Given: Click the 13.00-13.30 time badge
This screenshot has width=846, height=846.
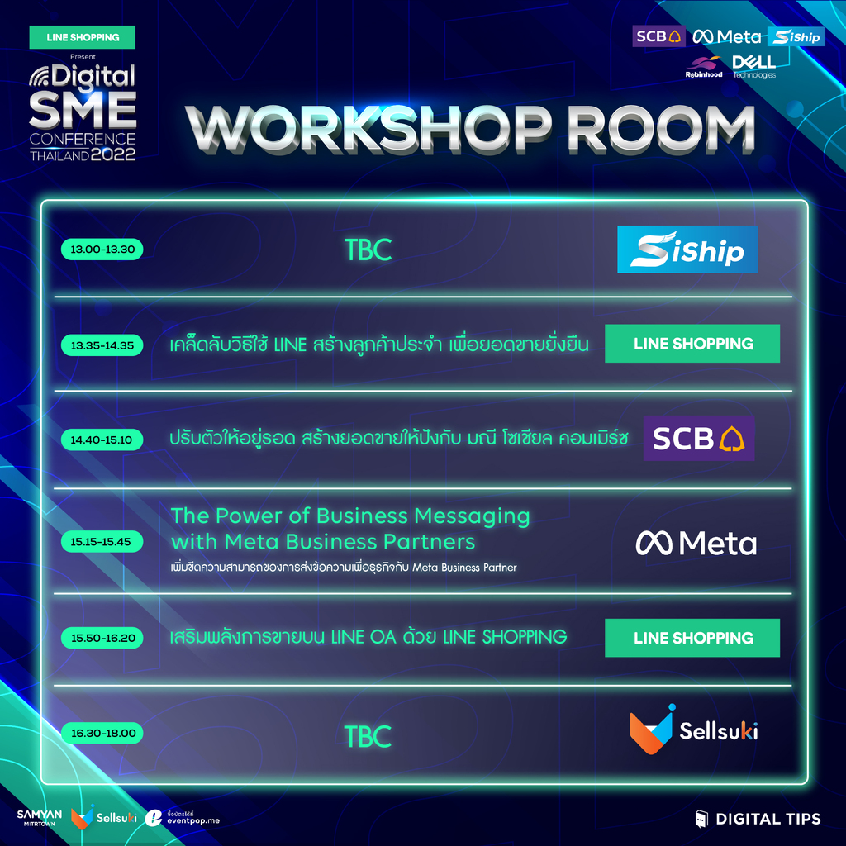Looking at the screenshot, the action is (102, 250).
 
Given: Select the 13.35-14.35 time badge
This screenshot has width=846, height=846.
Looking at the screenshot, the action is (102, 345).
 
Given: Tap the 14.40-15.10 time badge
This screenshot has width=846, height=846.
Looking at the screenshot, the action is (102, 440).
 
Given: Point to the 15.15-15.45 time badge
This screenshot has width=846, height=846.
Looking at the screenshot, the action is (102, 542).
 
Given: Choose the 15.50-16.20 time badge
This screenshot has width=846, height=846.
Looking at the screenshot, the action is (102, 638).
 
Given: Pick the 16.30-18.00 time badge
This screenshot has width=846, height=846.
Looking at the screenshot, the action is (102, 734).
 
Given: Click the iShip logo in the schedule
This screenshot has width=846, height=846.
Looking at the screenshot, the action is (687, 250).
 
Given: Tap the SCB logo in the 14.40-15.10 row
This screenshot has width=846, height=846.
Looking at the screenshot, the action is (699, 438).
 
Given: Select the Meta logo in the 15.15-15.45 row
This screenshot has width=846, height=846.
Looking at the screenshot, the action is (696, 543).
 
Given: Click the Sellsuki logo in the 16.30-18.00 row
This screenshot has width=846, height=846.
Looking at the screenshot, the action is (694, 730).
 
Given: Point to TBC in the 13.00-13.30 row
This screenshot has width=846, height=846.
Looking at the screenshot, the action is (368, 250).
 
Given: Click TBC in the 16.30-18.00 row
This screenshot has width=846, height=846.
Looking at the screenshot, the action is (368, 736).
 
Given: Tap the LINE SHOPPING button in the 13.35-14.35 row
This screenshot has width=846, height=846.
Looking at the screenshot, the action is (692, 344).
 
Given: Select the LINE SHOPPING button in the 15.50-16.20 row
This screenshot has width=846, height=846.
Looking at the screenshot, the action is (692, 638).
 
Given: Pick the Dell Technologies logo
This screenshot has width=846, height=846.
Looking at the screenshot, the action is (754, 67).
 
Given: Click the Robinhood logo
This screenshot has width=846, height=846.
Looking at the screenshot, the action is (704, 68).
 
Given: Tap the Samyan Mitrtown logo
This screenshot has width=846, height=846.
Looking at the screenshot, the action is (40, 818).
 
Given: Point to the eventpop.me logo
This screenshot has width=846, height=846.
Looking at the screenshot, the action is (183, 818).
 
